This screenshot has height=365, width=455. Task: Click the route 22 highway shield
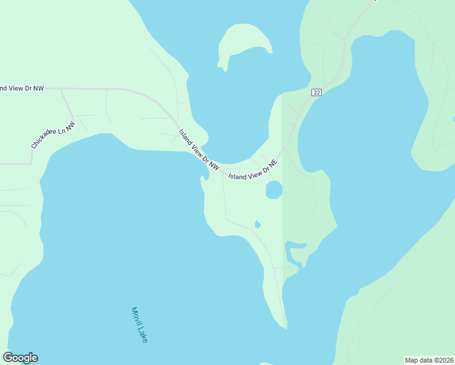316,92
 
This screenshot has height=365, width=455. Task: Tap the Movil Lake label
139,324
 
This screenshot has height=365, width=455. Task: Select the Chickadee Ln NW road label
54,135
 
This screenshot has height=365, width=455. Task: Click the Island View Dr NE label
252,170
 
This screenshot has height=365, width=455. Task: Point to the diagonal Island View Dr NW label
198,149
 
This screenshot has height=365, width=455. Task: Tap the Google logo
20,358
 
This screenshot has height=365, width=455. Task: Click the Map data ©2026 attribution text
429,360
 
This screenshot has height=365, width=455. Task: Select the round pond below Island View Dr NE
274,190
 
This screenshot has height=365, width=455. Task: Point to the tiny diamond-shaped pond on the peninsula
257,224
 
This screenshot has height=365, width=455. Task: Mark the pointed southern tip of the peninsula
286,328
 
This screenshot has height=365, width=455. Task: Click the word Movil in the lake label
136,316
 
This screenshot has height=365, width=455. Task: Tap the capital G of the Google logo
8,358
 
